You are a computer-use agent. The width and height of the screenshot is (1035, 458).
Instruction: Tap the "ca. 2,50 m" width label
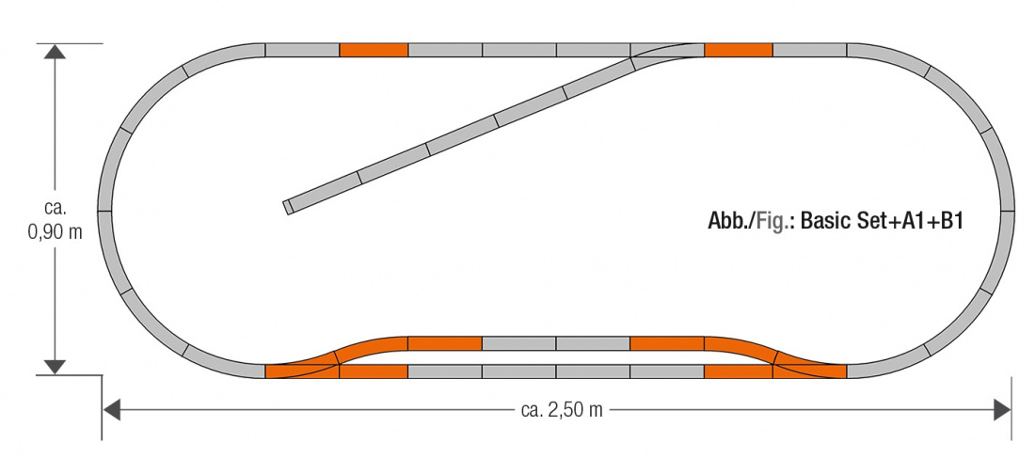pos(561,410)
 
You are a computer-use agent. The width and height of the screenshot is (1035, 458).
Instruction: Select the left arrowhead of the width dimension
pos(112,410)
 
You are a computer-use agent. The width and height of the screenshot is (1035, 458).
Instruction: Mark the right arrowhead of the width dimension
pos(1002,410)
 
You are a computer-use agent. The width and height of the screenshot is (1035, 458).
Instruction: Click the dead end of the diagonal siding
pos(289,207)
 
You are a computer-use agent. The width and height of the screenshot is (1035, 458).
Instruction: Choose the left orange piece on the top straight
pos(374,50)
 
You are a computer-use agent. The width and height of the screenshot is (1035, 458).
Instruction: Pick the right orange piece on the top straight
pos(739,50)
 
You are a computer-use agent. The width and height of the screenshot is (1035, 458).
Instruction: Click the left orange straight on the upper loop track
pos(445,343)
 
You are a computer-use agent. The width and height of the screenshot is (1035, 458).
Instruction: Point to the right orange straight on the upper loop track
pos(667,343)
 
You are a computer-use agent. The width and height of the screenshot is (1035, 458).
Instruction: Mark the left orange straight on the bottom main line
pos(374,371)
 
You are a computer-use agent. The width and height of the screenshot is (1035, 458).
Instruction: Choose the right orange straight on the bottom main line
pos(739,371)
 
